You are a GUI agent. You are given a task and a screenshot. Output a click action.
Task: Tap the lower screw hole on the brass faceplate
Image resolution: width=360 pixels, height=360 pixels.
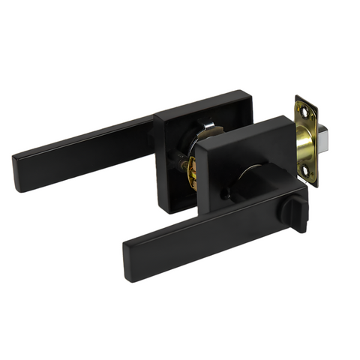pyautogui.click(x=308, y=172)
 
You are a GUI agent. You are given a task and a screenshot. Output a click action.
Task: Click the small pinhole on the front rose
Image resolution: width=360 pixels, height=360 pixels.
pyautogui.click(x=223, y=196)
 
